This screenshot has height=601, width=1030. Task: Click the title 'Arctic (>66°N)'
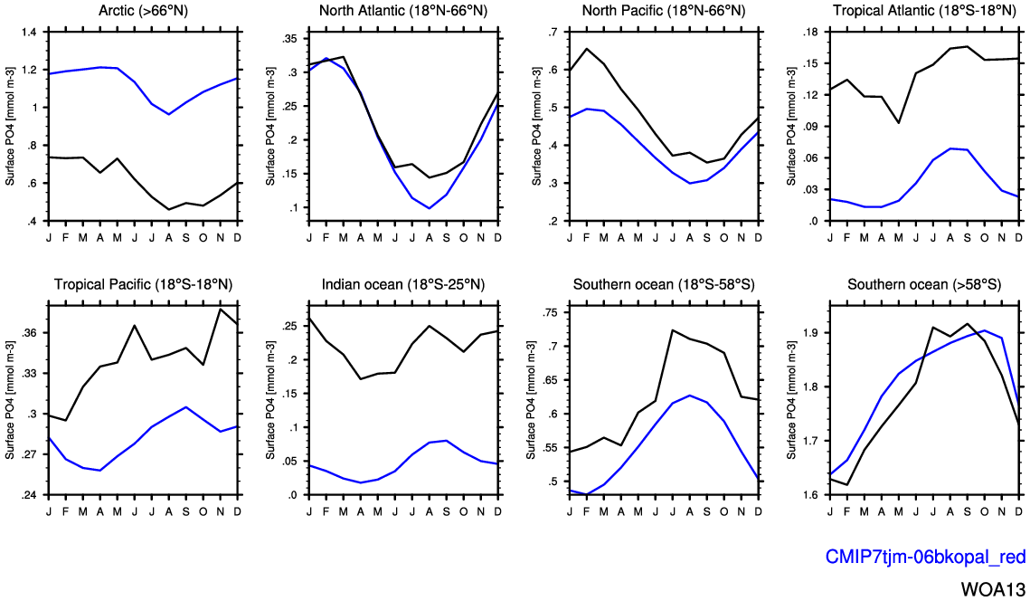(142, 10)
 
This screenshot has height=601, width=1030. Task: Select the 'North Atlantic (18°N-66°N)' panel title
(402, 10)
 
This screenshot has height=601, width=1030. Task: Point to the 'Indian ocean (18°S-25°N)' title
(402, 285)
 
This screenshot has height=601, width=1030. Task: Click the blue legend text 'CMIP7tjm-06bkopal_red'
(923, 558)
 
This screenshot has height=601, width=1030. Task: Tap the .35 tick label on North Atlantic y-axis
(288, 39)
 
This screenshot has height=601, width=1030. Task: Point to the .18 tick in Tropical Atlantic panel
(810, 33)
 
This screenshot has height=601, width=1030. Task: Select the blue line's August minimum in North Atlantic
(430, 208)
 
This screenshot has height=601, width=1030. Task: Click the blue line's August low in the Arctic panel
(169, 114)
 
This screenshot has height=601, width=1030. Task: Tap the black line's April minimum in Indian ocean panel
(361, 378)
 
